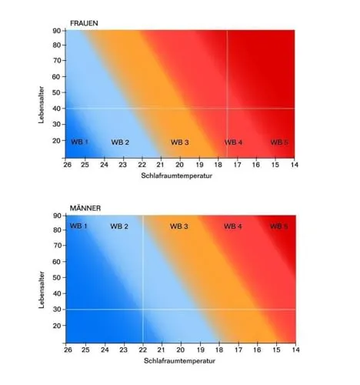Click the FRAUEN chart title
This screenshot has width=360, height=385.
click(x=84, y=23)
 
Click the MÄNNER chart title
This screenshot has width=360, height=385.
click(x=85, y=208)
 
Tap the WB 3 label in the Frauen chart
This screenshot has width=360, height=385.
click(x=180, y=142)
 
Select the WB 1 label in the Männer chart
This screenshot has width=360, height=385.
click(x=78, y=226)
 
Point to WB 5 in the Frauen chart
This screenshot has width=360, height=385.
click(x=279, y=142)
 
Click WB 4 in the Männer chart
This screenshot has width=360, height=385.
click(x=233, y=226)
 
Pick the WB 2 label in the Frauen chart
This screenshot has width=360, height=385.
click(x=120, y=142)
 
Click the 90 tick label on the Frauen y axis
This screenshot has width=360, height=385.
click(x=57, y=31)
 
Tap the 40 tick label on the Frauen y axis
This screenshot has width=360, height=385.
click(x=57, y=109)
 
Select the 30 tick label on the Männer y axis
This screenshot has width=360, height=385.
click(x=57, y=310)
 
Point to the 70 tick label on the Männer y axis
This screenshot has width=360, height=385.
click(x=57, y=246)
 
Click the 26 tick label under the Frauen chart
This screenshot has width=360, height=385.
click(x=68, y=165)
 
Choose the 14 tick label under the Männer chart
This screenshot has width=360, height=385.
click(x=295, y=350)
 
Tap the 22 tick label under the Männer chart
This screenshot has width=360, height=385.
click(x=143, y=350)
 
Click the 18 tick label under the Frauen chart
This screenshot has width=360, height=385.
click(x=218, y=165)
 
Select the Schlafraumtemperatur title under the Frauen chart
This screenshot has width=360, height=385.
click(x=177, y=176)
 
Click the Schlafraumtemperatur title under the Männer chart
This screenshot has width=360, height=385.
click(x=179, y=361)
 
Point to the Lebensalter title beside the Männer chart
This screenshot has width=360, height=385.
click(x=42, y=290)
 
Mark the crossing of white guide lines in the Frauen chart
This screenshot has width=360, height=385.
click(x=227, y=109)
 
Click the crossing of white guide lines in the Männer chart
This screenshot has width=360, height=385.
click(x=143, y=310)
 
